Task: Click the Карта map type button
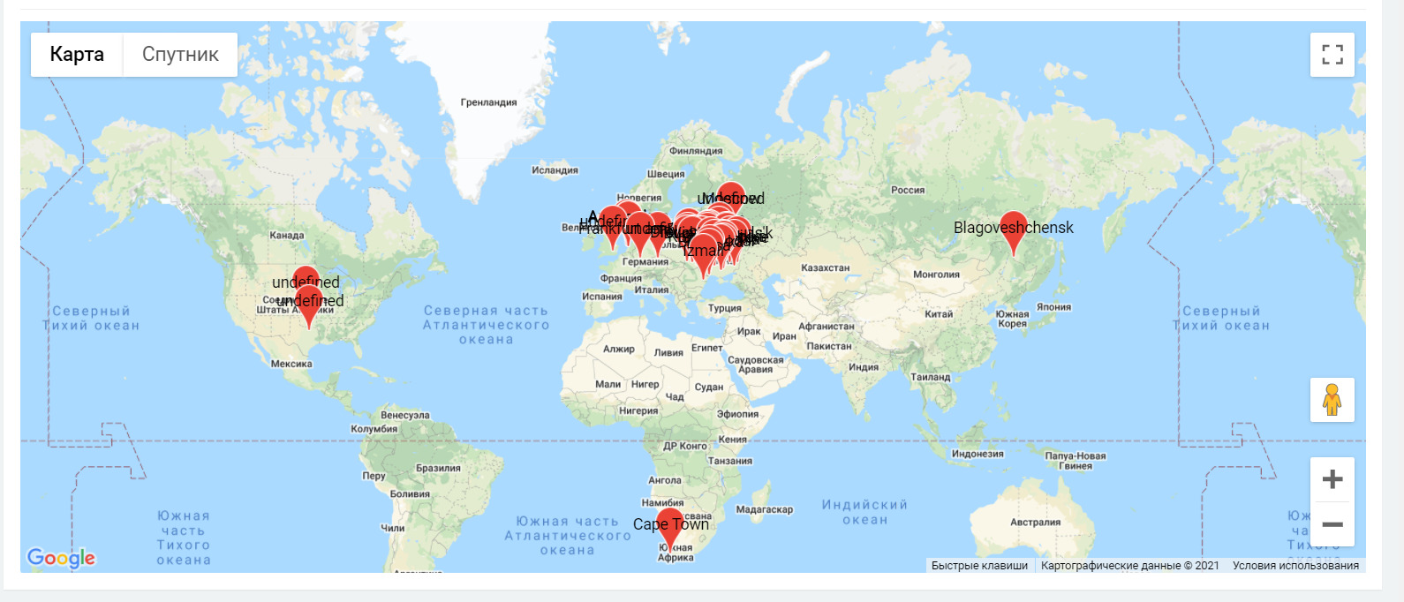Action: [x=77, y=55]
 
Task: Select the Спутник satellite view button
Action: [x=180, y=55]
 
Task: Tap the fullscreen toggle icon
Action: [x=1332, y=55]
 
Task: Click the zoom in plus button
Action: [x=1332, y=479]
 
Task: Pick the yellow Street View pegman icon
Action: [x=1332, y=400]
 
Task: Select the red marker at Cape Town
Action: [x=670, y=526]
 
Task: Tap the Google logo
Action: [x=61, y=558]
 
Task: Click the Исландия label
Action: [x=555, y=170]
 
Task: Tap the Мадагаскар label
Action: [x=764, y=509]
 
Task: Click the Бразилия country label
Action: [x=438, y=468]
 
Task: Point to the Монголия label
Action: [x=936, y=275]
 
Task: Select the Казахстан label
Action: [x=825, y=267]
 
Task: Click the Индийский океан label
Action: [x=864, y=512]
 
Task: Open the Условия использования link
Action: [x=1295, y=566]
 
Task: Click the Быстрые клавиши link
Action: [x=979, y=566]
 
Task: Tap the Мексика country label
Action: [x=291, y=364]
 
